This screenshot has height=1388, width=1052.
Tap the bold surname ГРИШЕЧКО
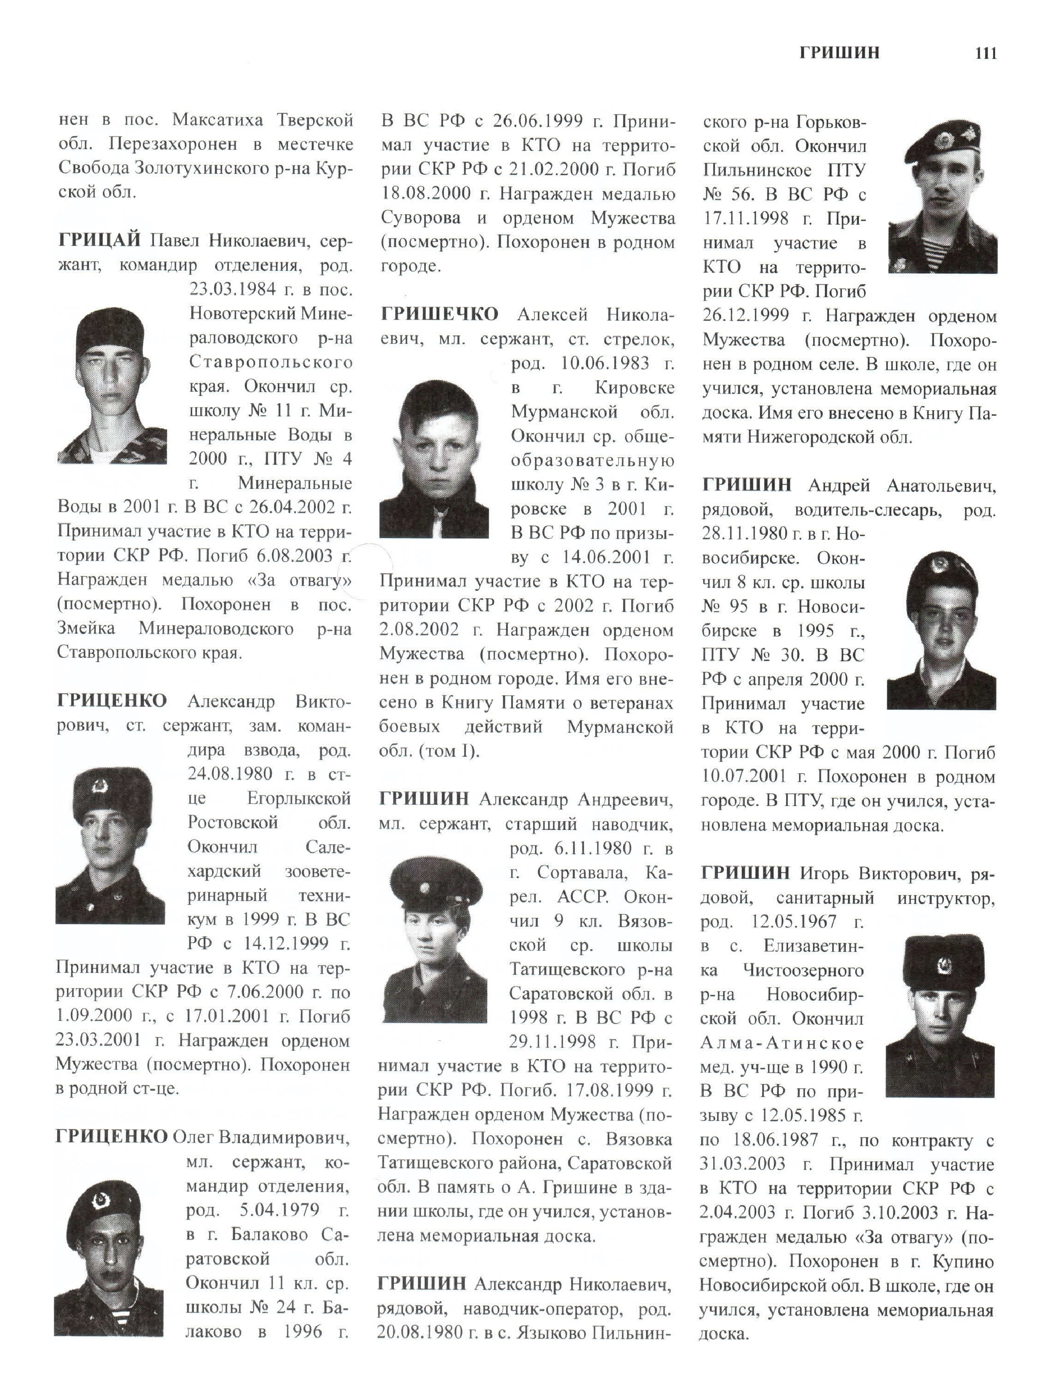click(439, 314)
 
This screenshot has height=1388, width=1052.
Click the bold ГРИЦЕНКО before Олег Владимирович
click(111, 1136)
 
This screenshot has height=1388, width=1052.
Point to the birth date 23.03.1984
click(232, 289)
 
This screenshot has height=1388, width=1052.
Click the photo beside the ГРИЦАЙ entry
click(112, 385)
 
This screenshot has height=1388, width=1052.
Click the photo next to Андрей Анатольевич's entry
click(941, 630)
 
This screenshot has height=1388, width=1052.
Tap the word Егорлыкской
click(298, 798)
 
